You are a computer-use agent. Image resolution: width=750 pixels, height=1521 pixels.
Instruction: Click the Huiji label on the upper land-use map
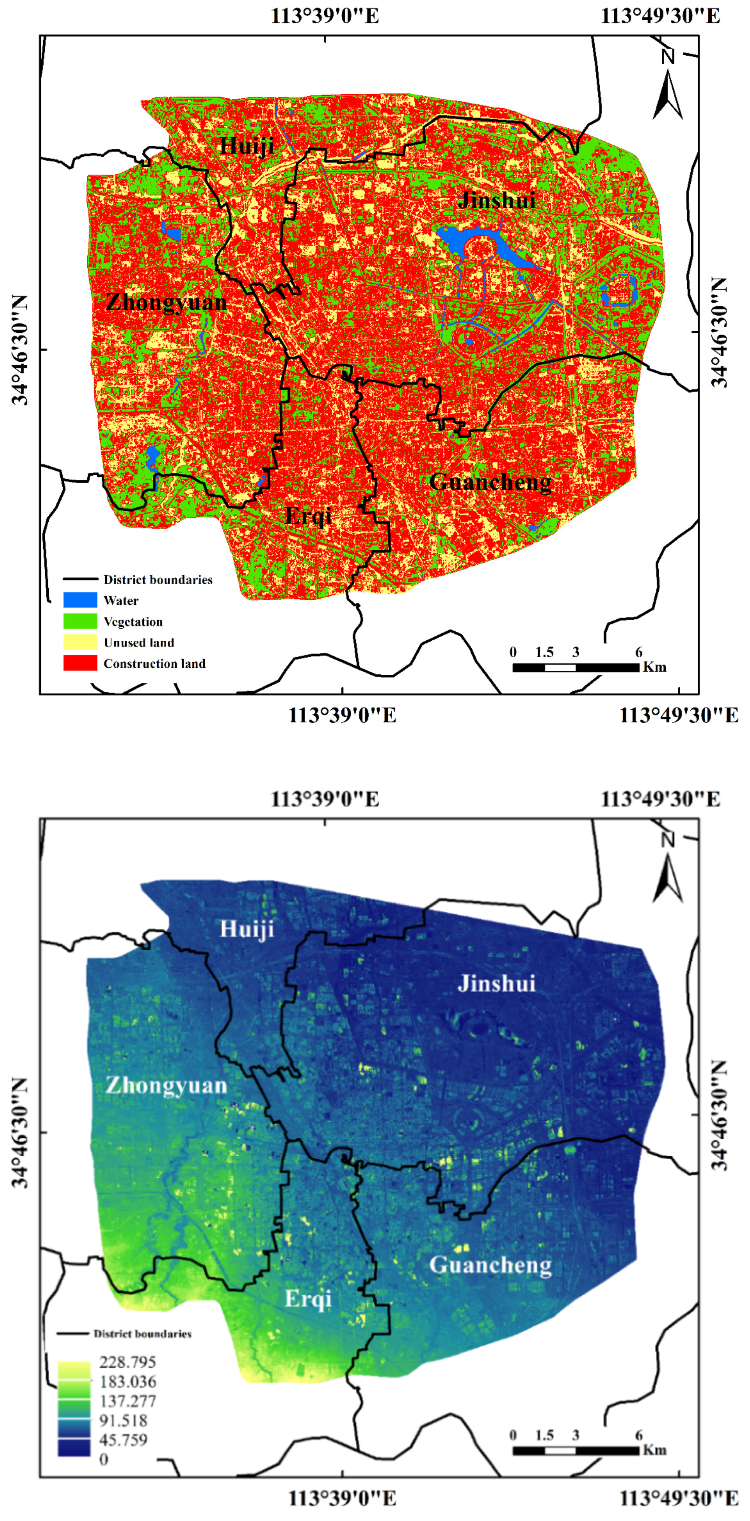tap(247, 145)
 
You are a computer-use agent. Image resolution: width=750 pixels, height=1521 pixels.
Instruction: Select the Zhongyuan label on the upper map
tap(167, 303)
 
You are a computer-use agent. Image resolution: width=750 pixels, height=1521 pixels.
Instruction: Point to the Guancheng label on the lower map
tap(490, 1265)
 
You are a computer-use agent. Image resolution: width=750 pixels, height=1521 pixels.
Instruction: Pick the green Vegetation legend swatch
tap(80, 621)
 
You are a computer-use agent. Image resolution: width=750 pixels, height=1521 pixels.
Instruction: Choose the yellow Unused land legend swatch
tap(80, 642)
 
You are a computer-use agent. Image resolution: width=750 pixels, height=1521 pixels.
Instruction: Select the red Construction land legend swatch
tap(80, 663)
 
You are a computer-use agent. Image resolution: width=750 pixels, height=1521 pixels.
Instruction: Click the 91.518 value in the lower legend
tap(123, 1421)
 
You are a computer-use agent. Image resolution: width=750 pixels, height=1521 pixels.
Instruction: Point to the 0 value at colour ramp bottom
tap(104, 1460)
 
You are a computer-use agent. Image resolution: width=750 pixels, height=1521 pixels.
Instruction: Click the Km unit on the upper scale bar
tap(655, 667)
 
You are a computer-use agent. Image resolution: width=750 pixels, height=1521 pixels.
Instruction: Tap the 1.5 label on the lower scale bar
tap(544, 1435)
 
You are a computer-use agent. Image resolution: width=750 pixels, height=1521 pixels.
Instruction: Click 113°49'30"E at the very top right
tap(660, 16)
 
